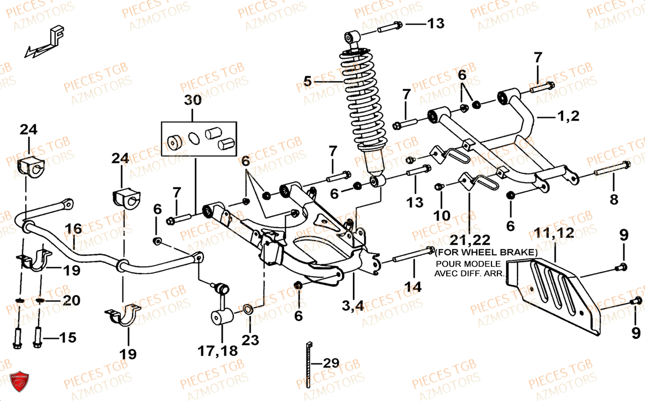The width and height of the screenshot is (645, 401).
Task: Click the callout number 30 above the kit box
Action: pyautogui.click(x=192, y=100)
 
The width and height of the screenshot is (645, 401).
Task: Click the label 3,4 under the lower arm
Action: pyautogui.click(x=354, y=305)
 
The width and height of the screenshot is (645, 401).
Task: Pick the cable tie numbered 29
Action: pyautogui.click(x=308, y=363)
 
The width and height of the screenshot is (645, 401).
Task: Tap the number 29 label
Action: pyautogui.click(x=331, y=362)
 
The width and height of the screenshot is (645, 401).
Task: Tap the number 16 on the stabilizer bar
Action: pyautogui.click(x=73, y=230)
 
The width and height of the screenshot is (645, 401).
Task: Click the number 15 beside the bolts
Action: pyautogui.click(x=67, y=337)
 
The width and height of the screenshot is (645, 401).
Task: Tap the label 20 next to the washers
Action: pyautogui.click(x=70, y=300)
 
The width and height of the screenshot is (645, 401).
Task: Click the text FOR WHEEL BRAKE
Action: pyautogui.click(x=486, y=252)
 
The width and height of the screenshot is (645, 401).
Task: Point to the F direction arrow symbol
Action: pyautogui.click(x=44, y=44)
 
